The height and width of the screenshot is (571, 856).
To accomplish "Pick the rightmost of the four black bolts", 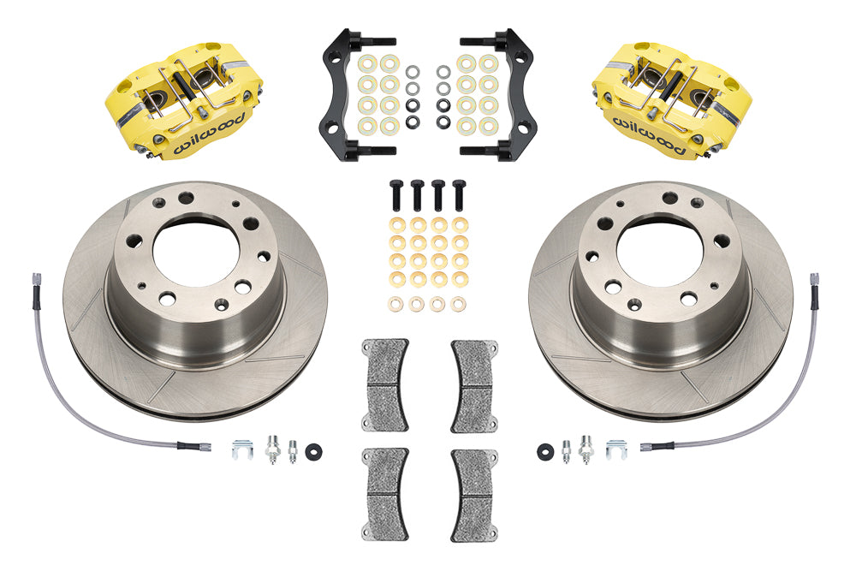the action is pos(460,195).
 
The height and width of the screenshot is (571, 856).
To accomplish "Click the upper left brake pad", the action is pos(385,385).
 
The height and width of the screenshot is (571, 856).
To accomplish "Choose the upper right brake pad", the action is pos(474,385).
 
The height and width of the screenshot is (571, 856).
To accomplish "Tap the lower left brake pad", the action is pos(385,495).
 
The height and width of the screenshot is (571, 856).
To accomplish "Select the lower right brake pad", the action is pos(474,495).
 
